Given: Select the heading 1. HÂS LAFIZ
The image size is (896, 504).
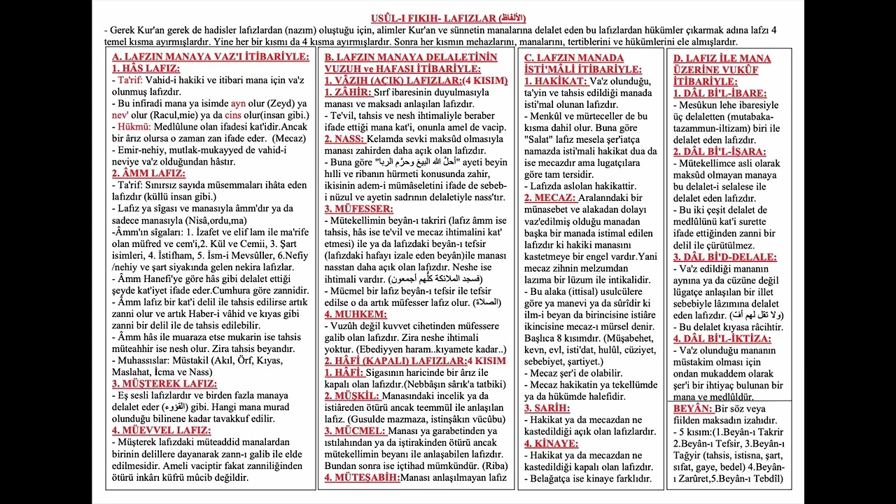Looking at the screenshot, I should pos(146,69).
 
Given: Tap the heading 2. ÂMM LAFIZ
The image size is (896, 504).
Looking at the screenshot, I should pos(148,173).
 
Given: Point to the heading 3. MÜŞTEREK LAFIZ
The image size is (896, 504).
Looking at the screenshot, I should pos(164,384).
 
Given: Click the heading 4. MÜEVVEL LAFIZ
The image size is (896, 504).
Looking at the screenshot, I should pos(161,430).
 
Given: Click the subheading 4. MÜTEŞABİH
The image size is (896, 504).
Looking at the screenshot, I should pos(362,477).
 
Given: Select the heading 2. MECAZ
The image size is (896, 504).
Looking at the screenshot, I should pos(551,197).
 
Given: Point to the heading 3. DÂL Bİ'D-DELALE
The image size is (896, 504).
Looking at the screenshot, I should pos(724,257).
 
